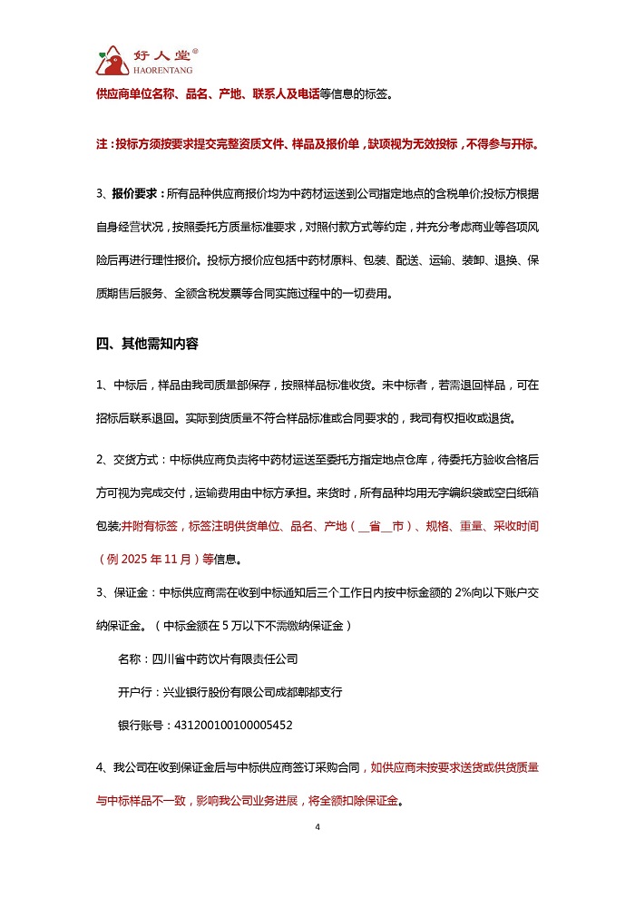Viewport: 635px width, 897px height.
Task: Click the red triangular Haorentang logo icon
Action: (x=112, y=61)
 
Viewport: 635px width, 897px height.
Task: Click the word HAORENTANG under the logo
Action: (x=159, y=69)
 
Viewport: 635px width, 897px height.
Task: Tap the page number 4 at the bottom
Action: (x=317, y=827)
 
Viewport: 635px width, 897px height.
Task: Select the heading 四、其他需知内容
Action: (x=147, y=344)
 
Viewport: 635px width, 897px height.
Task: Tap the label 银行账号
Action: (x=140, y=726)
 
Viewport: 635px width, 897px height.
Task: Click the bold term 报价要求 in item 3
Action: (x=134, y=194)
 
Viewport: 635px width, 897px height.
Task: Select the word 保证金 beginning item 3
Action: (x=134, y=594)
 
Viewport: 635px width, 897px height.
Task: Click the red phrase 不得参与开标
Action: (x=502, y=143)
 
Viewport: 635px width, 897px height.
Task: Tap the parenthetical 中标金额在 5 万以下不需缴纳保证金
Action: (x=254, y=626)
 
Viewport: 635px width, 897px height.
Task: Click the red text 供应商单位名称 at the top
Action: (x=136, y=93)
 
